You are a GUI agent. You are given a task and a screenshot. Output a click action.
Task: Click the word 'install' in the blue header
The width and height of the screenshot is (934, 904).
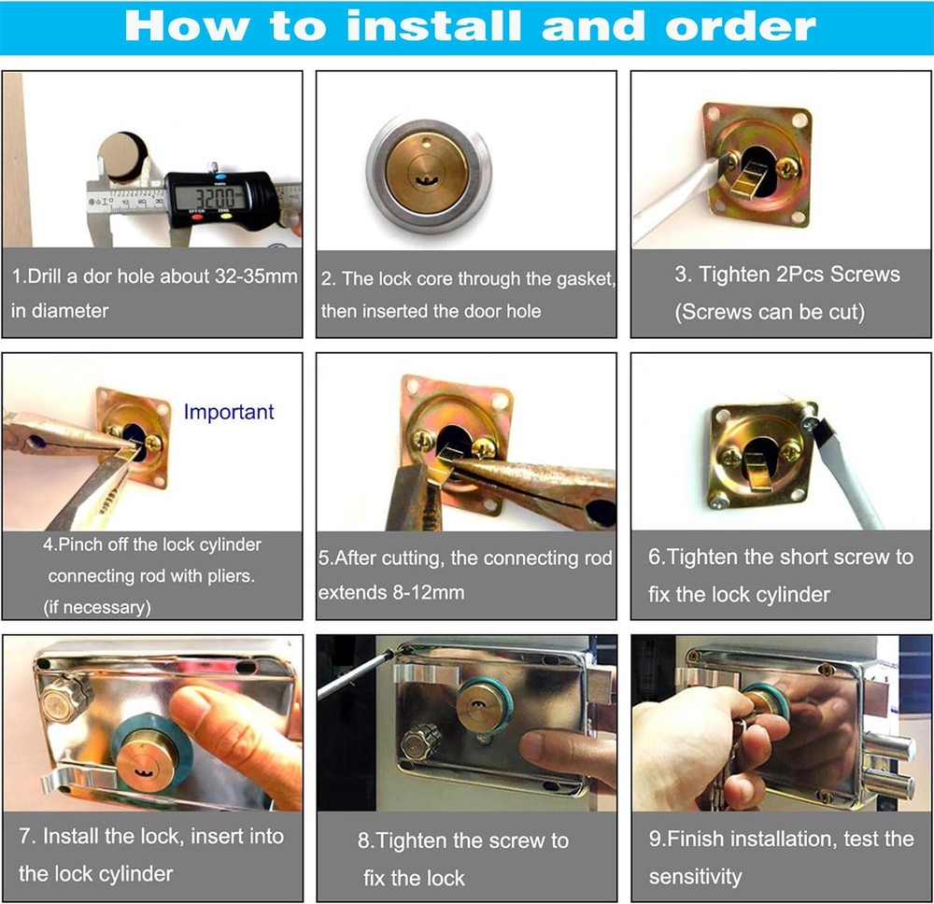coord(433,27)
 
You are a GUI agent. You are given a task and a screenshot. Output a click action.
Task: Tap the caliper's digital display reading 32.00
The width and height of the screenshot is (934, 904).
coord(211,197)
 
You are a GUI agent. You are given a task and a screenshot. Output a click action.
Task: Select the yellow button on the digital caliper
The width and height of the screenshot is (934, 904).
coord(225,216)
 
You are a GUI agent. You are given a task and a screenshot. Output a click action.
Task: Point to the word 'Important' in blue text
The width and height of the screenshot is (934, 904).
coord(229,412)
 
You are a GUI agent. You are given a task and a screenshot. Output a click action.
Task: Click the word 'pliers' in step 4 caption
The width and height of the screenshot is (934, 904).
coord(229,576)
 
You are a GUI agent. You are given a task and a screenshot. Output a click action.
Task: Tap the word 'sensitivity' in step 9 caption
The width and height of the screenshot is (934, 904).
coord(695,877)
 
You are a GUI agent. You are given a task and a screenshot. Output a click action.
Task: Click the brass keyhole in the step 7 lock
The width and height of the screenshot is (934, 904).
coord(143,773)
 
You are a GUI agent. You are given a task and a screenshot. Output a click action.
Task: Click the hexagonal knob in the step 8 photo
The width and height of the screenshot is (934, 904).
coord(420,742)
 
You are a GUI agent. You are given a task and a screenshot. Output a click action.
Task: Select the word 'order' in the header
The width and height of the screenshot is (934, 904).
coord(741,27)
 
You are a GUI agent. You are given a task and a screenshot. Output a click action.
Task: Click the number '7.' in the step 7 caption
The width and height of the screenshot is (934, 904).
coord(27,836)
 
